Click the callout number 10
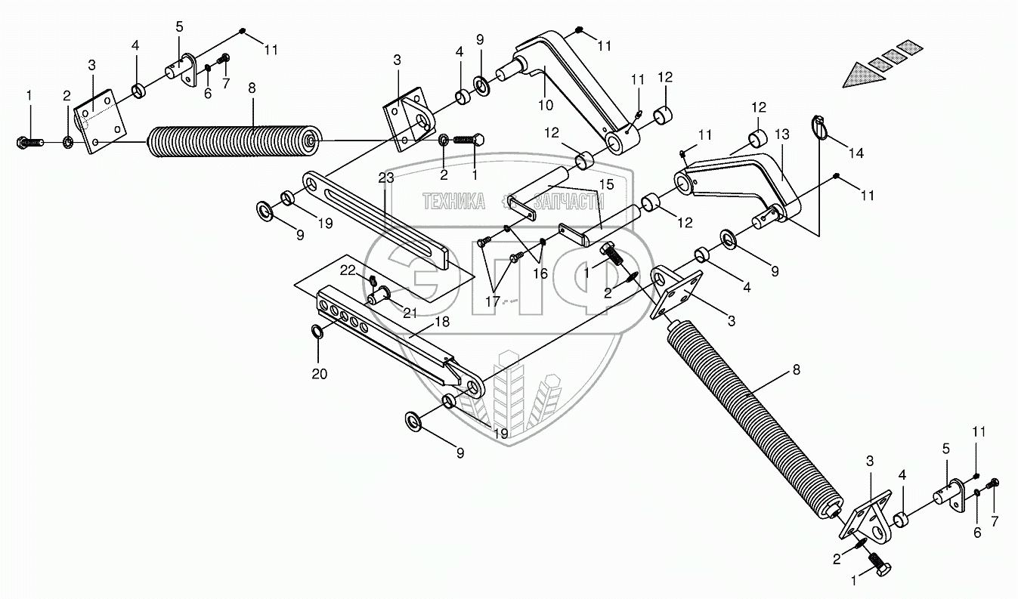[545, 105]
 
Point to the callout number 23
[386, 179]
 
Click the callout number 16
[540, 273]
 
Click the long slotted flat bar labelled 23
[378, 219]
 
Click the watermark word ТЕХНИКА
[453, 202]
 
